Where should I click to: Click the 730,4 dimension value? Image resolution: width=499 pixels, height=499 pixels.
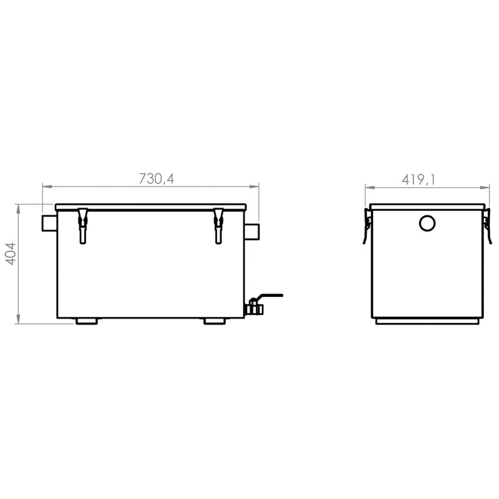click(x=156, y=178)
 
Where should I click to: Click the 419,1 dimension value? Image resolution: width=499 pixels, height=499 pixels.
click(x=418, y=180)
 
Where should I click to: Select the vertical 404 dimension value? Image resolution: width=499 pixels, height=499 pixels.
click(x=11, y=253)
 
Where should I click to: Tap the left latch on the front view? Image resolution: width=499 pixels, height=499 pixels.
click(x=82, y=225)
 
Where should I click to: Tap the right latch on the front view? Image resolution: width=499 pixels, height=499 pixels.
click(x=218, y=225)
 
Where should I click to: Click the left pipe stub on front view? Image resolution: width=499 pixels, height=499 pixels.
click(x=49, y=223)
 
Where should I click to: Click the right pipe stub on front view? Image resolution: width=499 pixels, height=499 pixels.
click(x=251, y=231)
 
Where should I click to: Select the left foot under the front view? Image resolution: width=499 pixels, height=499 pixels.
click(x=87, y=321)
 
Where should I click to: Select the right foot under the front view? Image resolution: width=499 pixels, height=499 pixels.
click(x=214, y=321)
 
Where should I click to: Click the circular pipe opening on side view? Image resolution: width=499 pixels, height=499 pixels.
click(x=427, y=223)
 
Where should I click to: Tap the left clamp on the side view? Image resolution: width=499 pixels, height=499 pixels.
click(x=367, y=226)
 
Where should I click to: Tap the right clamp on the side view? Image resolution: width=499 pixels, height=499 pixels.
click(x=487, y=226)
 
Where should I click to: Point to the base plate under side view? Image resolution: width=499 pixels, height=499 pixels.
click(x=427, y=321)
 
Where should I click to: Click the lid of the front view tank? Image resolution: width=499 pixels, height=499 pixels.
click(x=150, y=207)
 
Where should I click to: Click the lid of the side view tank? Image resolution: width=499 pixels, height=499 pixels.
click(x=427, y=206)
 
